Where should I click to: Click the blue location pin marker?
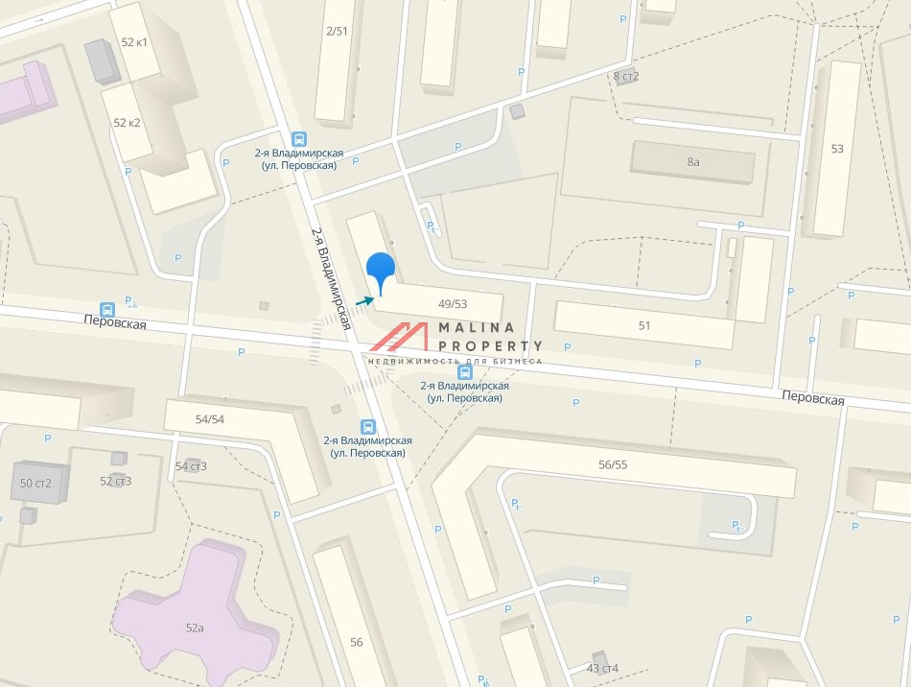[382, 269]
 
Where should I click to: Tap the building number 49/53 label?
[452, 303]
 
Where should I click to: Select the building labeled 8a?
[693, 162]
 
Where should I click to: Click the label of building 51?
[644, 325]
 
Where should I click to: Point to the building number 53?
[837, 149]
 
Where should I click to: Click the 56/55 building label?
[612, 463]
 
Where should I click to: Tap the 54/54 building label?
[209, 419]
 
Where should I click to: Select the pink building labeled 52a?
[195, 628]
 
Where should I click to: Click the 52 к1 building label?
[134, 42]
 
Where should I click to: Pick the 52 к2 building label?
[127, 123]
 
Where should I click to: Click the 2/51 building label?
[337, 31]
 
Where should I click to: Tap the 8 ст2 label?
[625, 76]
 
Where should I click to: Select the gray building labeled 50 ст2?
[35, 482]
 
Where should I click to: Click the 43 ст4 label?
[603, 668]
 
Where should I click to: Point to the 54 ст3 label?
[191, 466]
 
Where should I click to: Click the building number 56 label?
[357, 642]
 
